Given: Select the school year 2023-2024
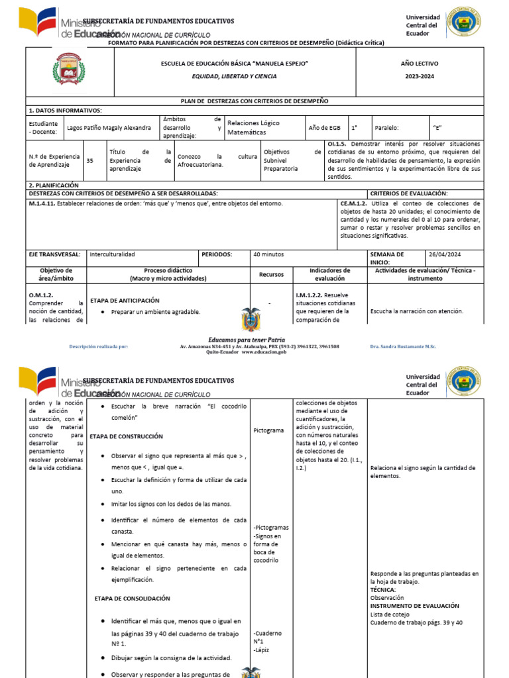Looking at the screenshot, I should [419, 76].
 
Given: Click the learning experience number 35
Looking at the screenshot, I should [90, 160].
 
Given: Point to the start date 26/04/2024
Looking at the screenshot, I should [445, 254].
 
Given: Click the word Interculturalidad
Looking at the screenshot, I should [112, 254].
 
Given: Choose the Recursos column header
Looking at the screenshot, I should [271, 274].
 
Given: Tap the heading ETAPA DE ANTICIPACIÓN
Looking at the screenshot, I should [125, 299].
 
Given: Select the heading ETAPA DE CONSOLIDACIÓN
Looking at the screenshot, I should [133, 598].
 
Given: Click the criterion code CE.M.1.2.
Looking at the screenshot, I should [353, 203].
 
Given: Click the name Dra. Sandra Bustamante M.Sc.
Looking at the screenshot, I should [403, 346].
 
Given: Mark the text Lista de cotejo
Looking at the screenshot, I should [391, 614].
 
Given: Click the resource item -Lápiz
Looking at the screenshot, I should [262, 650].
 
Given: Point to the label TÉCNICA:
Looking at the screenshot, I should [383, 589].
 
